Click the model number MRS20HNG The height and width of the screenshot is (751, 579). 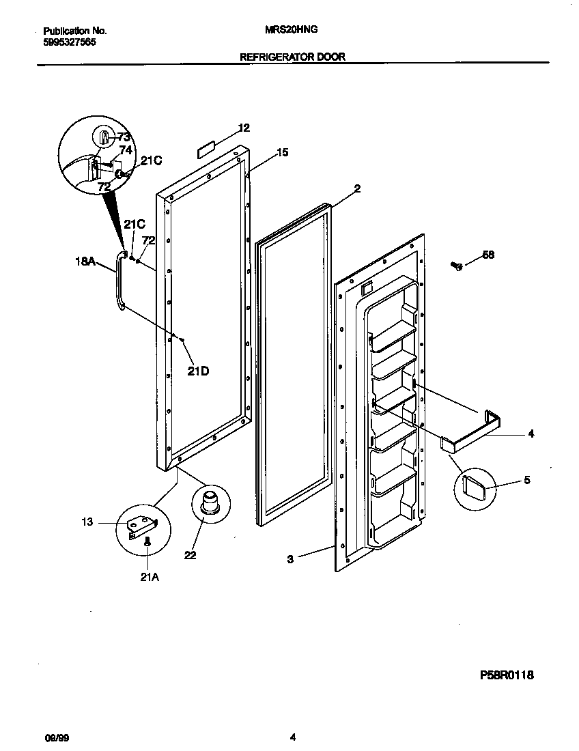[x=291, y=30]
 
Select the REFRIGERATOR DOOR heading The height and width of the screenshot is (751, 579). [x=292, y=57]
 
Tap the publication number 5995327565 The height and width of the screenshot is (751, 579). [x=69, y=42]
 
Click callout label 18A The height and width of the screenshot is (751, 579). [x=85, y=260]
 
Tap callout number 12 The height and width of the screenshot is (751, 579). [x=244, y=128]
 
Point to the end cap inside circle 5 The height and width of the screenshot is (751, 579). [x=472, y=488]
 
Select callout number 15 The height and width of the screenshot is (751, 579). [x=282, y=152]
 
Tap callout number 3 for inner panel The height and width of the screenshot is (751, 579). [x=290, y=559]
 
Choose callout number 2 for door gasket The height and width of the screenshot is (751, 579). [x=356, y=188]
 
